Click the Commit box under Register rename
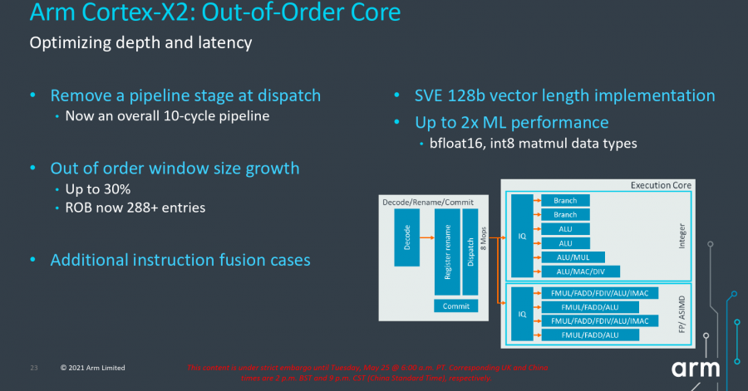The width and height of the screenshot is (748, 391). (456, 306)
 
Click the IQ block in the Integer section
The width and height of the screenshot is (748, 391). (522, 236)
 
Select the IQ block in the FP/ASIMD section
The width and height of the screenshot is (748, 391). (522, 314)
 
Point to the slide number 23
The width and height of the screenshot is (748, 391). (34, 367)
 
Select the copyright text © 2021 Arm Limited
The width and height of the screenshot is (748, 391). (94, 367)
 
